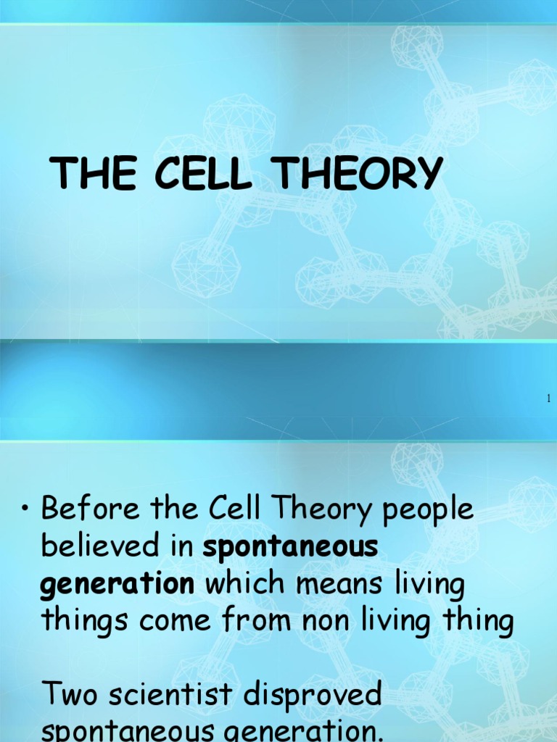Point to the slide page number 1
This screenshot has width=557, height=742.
point(548,398)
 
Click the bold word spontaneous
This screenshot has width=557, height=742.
point(290,548)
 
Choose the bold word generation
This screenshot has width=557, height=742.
point(117,584)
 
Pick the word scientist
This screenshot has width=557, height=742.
point(181,694)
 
